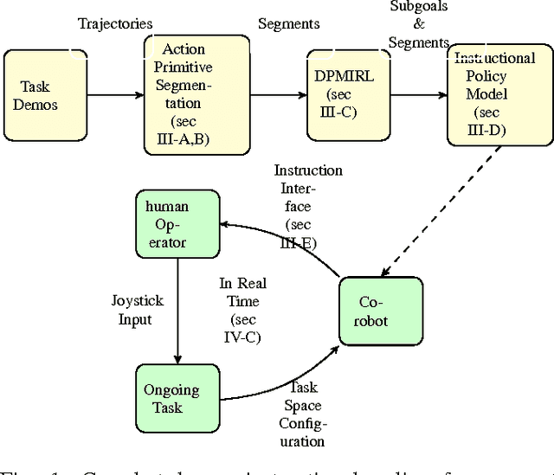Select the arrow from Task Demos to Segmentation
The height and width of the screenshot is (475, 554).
(x=115, y=94)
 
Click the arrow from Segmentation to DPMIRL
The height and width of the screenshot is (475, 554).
(x=260, y=94)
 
